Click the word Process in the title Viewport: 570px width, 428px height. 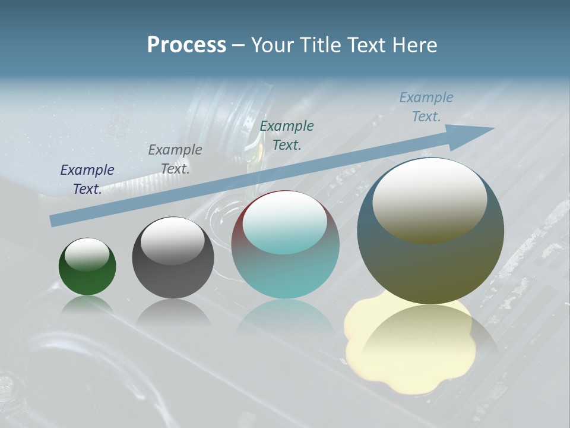(186, 45)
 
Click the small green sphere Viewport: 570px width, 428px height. (87, 279)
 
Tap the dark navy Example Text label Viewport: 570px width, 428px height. (87, 180)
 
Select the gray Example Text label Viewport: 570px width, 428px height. (175, 159)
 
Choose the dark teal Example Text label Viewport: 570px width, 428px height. (287, 136)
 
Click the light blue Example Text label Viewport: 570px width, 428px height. (426, 107)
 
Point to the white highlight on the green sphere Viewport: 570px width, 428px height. (87, 254)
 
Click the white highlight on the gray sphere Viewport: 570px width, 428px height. (173, 241)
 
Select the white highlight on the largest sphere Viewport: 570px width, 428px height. (430, 199)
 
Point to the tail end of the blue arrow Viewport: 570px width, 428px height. (55, 220)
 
